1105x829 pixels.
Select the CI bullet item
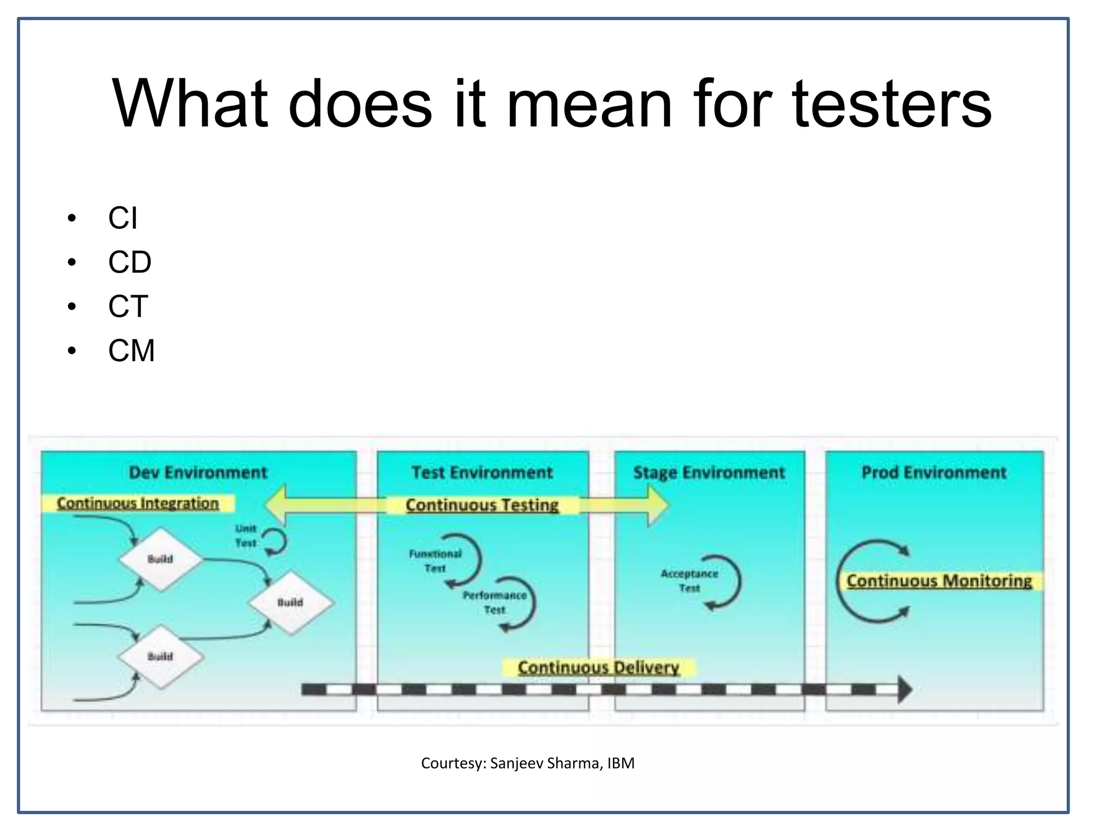click(122, 218)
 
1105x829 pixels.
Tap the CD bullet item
click(129, 262)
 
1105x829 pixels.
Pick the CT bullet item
click(128, 307)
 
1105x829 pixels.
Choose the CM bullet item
click(131, 351)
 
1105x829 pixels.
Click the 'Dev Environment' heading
click(198, 473)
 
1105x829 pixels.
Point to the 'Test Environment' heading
click(482, 473)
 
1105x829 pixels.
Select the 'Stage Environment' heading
click(708, 473)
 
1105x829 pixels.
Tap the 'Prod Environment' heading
click(934, 473)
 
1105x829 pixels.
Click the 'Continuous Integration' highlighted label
click(138, 503)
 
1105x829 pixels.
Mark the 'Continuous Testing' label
click(482, 505)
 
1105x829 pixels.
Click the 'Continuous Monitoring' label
click(939, 581)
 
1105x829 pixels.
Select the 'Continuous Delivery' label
click(598, 668)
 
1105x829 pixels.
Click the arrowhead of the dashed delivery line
click(904, 689)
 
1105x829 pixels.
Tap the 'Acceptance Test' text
click(689, 581)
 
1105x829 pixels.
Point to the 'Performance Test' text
click(494, 602)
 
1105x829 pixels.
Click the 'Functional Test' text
click(435, 561)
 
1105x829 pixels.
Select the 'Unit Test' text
click(245, 535)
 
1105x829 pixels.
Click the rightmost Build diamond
click(290, 602)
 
